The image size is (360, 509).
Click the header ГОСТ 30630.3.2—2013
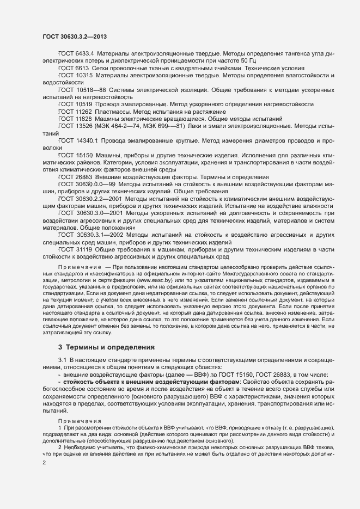click(x=74, y=36)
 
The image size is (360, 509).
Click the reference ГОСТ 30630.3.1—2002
click(x=87, y=234)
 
